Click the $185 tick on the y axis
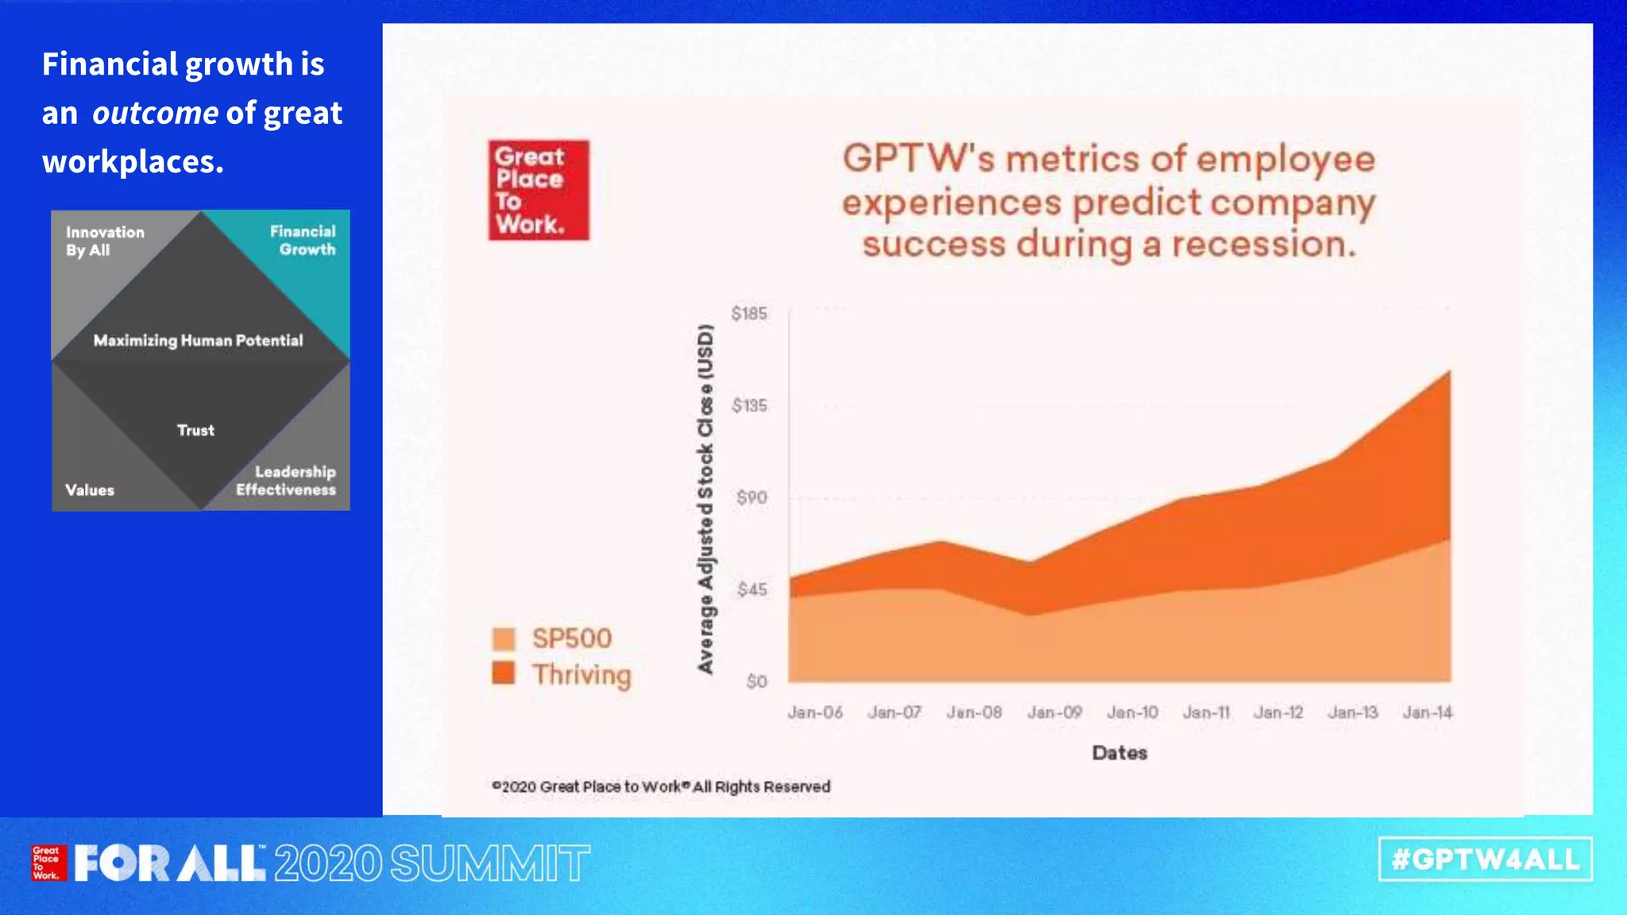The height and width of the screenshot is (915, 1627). [x=749, y=314]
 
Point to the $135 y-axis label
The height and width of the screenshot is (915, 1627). [x=749, y=406]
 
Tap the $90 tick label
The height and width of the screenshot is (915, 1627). [x=752, y=498]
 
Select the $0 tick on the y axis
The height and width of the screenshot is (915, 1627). [x=756, y=681]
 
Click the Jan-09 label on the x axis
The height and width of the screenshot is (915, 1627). [x=1054, y=712]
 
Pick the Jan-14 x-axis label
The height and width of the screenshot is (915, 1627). [x=1427, y=712]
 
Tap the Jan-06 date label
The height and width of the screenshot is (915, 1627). [x=815, y=712]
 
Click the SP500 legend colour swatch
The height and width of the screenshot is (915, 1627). [x=504, y=639]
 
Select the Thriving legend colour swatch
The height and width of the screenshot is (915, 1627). [x=504, y=674]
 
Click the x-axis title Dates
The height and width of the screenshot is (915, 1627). [x=1119, y=753]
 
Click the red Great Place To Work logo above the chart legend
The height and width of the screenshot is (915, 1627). [x=539, y=191]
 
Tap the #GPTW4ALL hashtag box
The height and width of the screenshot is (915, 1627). [x=1485, y=859]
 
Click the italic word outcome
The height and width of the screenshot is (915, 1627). [x=155, y=114]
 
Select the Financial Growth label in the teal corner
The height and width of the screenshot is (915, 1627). [x=303, y=240]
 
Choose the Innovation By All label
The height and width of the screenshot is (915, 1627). [x=105, y=241]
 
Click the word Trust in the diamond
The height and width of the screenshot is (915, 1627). [x=195, y=430]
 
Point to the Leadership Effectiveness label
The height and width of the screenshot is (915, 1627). [x=286, y=481]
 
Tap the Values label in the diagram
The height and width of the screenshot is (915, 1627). [x=90, y=490]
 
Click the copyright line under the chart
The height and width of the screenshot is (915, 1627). [x=661, y=786]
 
